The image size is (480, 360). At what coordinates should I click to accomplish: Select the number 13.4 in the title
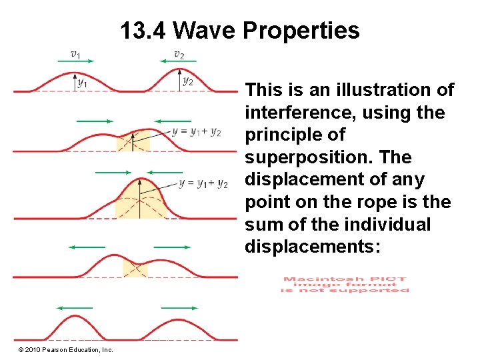click(x=144, y=31)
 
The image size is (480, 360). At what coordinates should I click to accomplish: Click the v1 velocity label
click(x=76, y=53)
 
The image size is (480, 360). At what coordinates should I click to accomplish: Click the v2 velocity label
click(x=179, y=53)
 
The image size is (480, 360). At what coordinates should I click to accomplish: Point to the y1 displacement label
click(x=82, y=83)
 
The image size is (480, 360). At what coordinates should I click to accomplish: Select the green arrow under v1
click(x=77, y=62)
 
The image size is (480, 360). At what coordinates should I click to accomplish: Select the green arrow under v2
click(x=178, y=62)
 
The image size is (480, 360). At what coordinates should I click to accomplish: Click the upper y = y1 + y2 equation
click(x=197, y=131)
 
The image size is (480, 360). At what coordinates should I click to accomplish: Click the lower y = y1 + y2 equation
click(x=203, y=183)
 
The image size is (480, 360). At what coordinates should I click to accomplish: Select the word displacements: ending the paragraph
click(x=312, y=247)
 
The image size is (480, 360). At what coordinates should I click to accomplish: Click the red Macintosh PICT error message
click(x=345, y=285)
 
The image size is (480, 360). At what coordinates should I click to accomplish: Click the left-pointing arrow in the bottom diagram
click(x=75, y=308)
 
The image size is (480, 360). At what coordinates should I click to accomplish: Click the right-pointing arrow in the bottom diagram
click(x=179, y=308)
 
